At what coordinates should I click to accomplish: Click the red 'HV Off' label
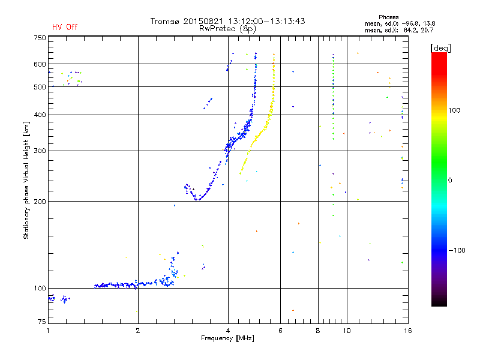click(65, 27)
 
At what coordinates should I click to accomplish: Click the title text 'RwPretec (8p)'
click(229, 28)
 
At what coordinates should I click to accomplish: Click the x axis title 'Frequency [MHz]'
click(228, 339)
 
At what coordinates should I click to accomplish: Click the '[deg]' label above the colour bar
click(440, 47)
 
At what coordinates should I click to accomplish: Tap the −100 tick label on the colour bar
click(458, 250)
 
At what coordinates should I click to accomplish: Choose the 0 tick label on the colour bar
click(451, 180)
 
